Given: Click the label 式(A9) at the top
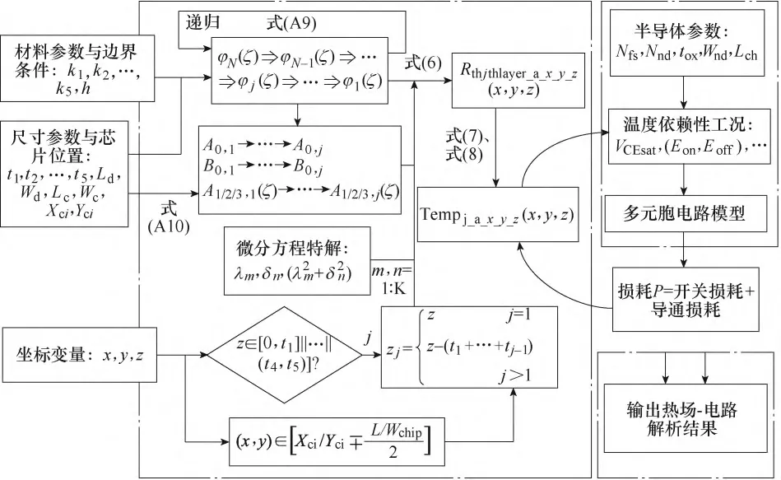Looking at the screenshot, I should pyautogui.click(x=287, y=17).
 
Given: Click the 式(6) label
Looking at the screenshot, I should pyautogui.click(x=423, y=62).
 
